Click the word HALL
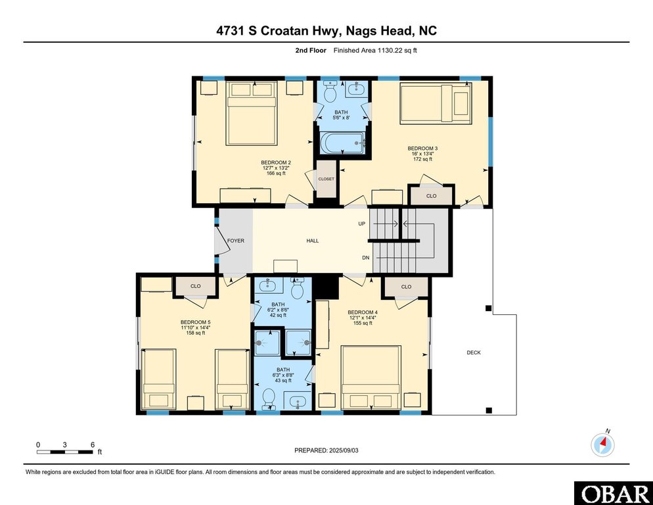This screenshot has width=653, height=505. click(x=313, y=241)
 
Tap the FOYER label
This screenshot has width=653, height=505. click(x=235, y=241)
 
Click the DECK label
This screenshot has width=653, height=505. click(x=474, y=352)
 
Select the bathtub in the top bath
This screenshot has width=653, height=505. click(x=342, y=143)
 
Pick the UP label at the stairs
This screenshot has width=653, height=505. click(x=362, y=224)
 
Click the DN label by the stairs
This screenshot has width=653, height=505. click(x=365, y=258)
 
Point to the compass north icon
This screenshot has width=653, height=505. click(x=602, y=445)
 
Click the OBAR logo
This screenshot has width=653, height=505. click(x=613, y=493)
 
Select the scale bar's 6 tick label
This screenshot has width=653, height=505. click(x=93, y=445)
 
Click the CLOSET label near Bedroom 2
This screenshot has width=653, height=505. click(x=326, y=179)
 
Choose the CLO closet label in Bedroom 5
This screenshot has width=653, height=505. click(x=196, y=286)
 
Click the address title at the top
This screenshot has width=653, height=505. click(x=326, y=30)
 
